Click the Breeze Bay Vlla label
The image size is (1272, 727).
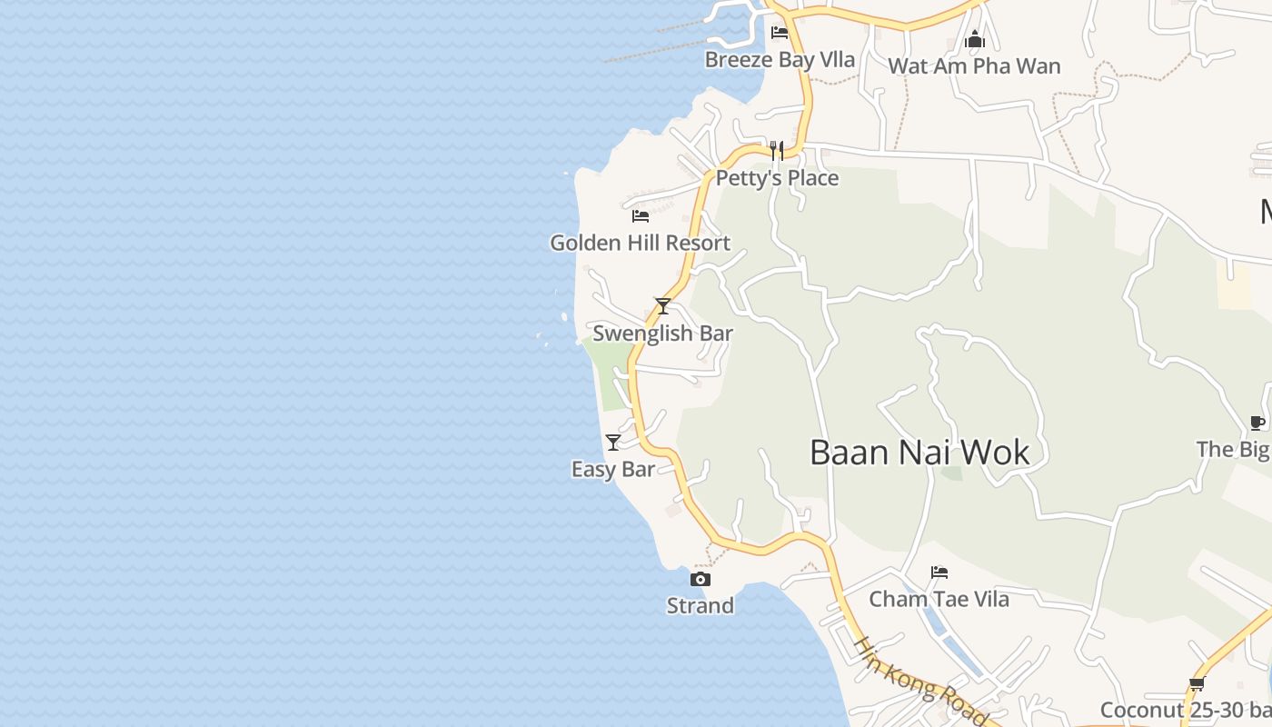tap(780, 60)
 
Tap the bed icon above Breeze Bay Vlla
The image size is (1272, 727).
tap(780, 33)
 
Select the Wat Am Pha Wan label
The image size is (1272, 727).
tap(974, 66)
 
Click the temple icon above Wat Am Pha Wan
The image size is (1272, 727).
tap(975, 39)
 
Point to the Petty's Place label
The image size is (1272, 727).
tap(777, 178)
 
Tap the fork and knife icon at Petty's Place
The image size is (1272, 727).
tap(777, 150)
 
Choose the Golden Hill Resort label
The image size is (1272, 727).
tap(640, 243)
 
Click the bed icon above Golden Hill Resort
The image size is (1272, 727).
tap(641, 216)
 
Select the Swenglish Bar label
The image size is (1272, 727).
tap(662, 334)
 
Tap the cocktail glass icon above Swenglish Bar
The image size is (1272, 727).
tap(663, 306)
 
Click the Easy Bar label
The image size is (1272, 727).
tap(613, 470)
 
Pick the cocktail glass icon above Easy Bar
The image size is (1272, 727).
tap(613, 443)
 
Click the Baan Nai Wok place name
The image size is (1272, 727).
tap(919, 453)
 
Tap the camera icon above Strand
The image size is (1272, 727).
tap(700, 579)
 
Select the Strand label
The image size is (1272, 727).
tap(700, 606)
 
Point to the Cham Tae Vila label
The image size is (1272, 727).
tap(939, 600)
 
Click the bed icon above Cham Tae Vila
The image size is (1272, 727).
tap(939, 573)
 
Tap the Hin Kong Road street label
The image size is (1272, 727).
tap(918, 682)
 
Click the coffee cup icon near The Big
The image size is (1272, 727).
tap(1257, 423)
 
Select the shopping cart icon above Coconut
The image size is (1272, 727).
tap(1197, 684)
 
